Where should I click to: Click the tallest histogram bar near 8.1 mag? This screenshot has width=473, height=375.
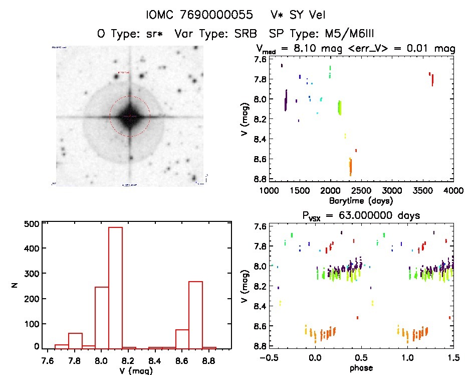tap(115, 286)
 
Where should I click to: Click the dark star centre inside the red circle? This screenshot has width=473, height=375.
tap(130, 116)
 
